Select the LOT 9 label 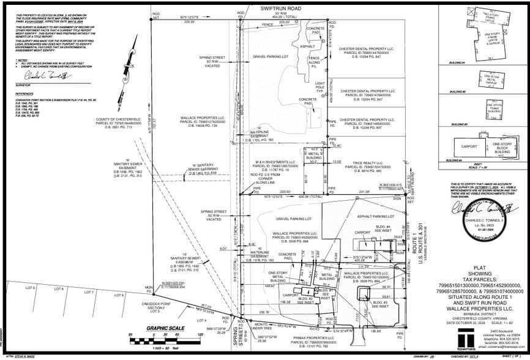click(30, 287)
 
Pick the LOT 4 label click(202, 320)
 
